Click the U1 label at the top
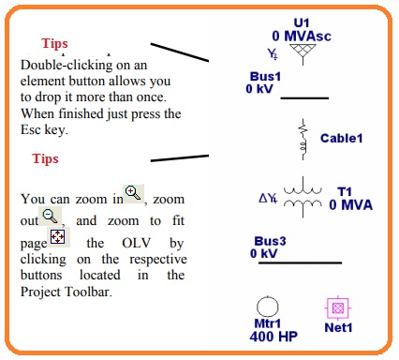(301, 22)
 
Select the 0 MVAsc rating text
(301, 37)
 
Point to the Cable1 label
(341, 139)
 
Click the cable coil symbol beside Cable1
(303, 137)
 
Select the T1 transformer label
(345, 191)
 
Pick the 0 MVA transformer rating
(351, 204)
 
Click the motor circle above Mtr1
(268, 307)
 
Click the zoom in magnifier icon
(134, 194)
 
